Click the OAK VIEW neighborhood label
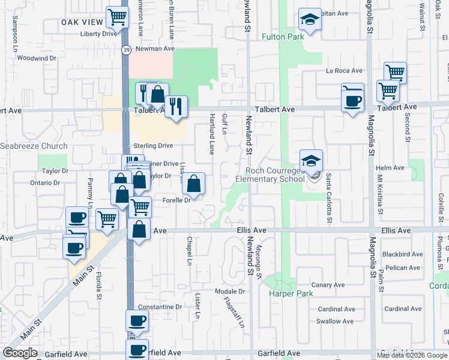click(82, 22)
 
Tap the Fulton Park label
click(283, 36)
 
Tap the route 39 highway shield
click(125, 49)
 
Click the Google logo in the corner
click(20, 353)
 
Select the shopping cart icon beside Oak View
click(116, 17)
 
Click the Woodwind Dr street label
click(36, 58)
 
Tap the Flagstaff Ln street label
click(235, 313)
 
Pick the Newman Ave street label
click(154, 48)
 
